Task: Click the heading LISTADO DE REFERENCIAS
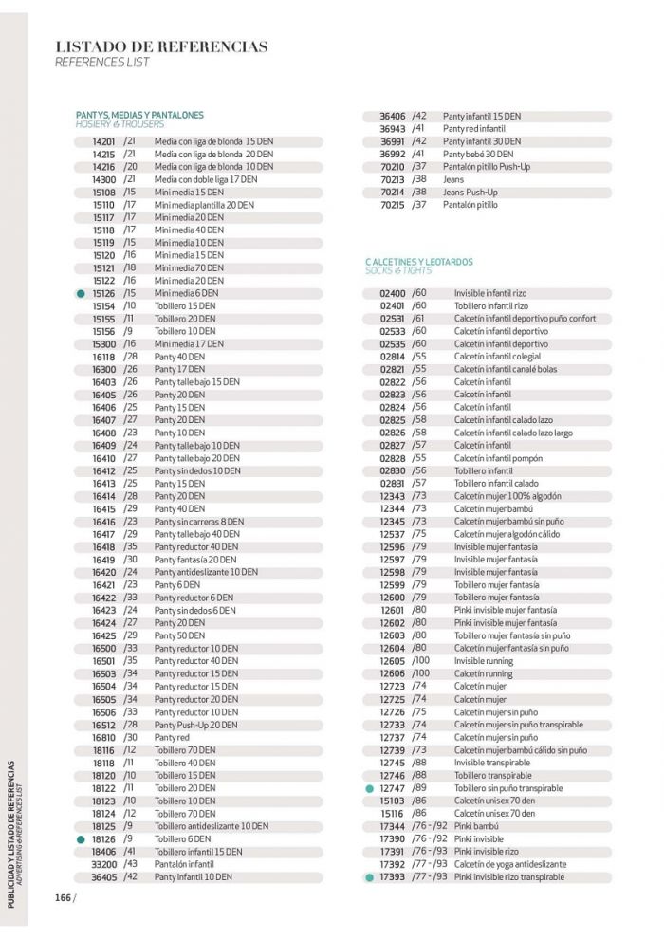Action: click(161, 46)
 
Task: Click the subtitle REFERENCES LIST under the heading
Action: click(101, 63)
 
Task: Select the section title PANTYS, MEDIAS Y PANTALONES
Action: click(139, 115)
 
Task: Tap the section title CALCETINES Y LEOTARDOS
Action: click(418, 262)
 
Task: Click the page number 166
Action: click(63, 897)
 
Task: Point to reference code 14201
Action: click(103, 141)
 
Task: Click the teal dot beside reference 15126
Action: click(82, 294)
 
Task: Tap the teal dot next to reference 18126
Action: click(82, 839)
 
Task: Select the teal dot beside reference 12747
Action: click(369, 788)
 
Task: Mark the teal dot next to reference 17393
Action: click(369, 877)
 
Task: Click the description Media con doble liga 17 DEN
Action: click(206, 179)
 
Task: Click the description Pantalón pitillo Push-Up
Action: click(487, 167)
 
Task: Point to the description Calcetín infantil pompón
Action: click(497, 458)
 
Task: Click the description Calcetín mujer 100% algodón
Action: click(507, 496)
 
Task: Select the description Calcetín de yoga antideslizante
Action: click(509, 864)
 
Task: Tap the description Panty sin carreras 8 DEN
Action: click(198, 522)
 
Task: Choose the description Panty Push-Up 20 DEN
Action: click(196, 725)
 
